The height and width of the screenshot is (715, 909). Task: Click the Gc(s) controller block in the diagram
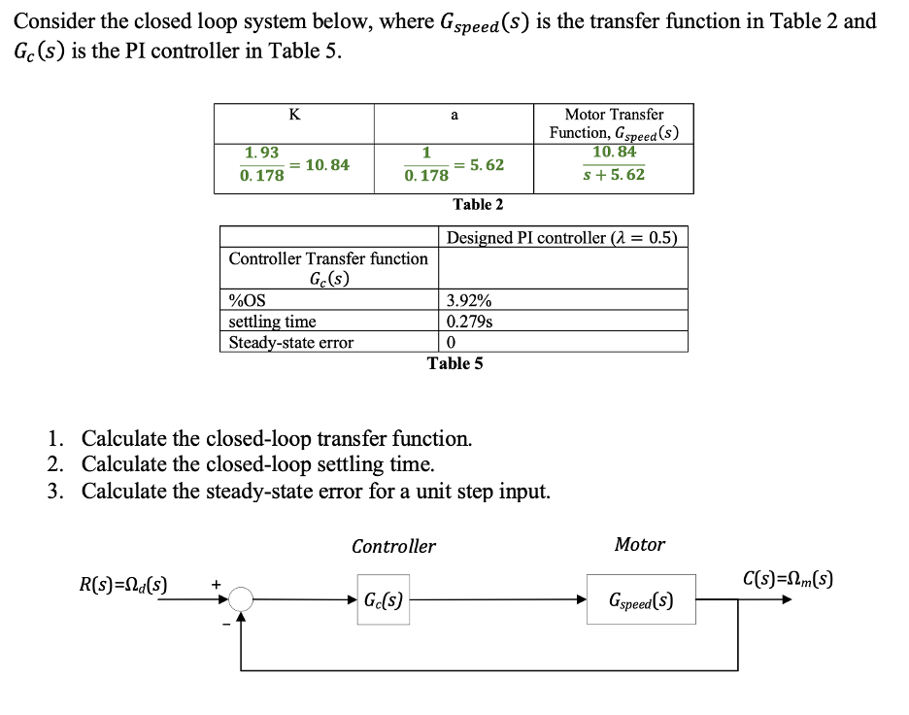click(383, 600)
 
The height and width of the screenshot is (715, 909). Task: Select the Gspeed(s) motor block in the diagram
click(640, 600)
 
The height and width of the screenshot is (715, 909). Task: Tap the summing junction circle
click(241, 600)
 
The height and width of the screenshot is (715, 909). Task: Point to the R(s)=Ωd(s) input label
click(122, 585)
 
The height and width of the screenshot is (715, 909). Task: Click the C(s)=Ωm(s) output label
click(787, 581)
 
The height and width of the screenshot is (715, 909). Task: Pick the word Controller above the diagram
click(393, 547)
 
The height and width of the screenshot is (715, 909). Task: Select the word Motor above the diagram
click(639, 545)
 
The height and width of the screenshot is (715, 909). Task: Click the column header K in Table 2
click(294, 115)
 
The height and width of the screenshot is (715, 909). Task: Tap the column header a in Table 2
click(454, 115)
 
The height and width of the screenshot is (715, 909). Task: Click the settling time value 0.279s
click(468, 321)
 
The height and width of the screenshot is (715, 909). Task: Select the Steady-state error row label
click(290, 342)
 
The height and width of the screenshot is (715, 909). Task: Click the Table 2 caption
click(478, 204)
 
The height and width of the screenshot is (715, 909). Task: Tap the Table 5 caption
click(454, 363)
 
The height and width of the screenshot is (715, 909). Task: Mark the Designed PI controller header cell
click(561, 238)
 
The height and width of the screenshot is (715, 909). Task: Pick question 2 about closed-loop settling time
click(257, 464)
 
